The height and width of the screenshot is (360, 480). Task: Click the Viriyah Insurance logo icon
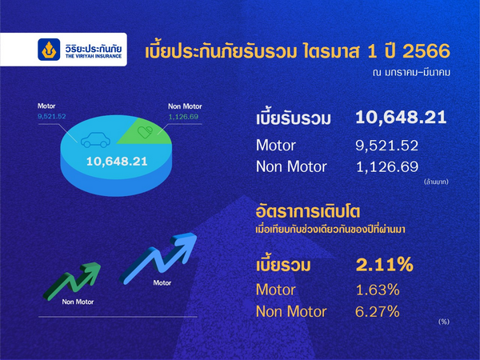pos(49,50)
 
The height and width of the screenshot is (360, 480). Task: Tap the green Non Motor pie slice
pos(147,132)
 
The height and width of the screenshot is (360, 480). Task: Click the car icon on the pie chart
pos(95,140)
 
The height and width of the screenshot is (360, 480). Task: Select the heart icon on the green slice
pos(145,132)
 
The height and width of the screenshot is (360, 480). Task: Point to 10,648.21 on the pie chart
pos(117,162)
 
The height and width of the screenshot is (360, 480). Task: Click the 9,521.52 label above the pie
pos(52,116)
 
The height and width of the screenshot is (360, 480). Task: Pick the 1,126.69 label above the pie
pos(183,117)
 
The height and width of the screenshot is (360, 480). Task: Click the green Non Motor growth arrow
pos(72,281)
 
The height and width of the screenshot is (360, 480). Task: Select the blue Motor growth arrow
pos(158,258)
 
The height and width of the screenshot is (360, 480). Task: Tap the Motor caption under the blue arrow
pos(162,283)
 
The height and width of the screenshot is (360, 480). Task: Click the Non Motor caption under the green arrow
pos(78,302)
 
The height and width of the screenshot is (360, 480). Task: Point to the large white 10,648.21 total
pos(401,118)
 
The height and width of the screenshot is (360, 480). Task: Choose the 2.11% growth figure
pos(385,265)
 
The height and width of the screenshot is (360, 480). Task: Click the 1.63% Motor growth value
pos(378,290)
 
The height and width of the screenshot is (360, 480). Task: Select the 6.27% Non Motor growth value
pos(378,312)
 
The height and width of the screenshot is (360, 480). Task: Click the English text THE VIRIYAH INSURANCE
pos(94,56)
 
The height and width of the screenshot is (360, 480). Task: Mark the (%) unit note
pos(444,322)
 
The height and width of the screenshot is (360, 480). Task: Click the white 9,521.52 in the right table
pos(387,146)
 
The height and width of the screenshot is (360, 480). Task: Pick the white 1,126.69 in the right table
pos(387,167)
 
